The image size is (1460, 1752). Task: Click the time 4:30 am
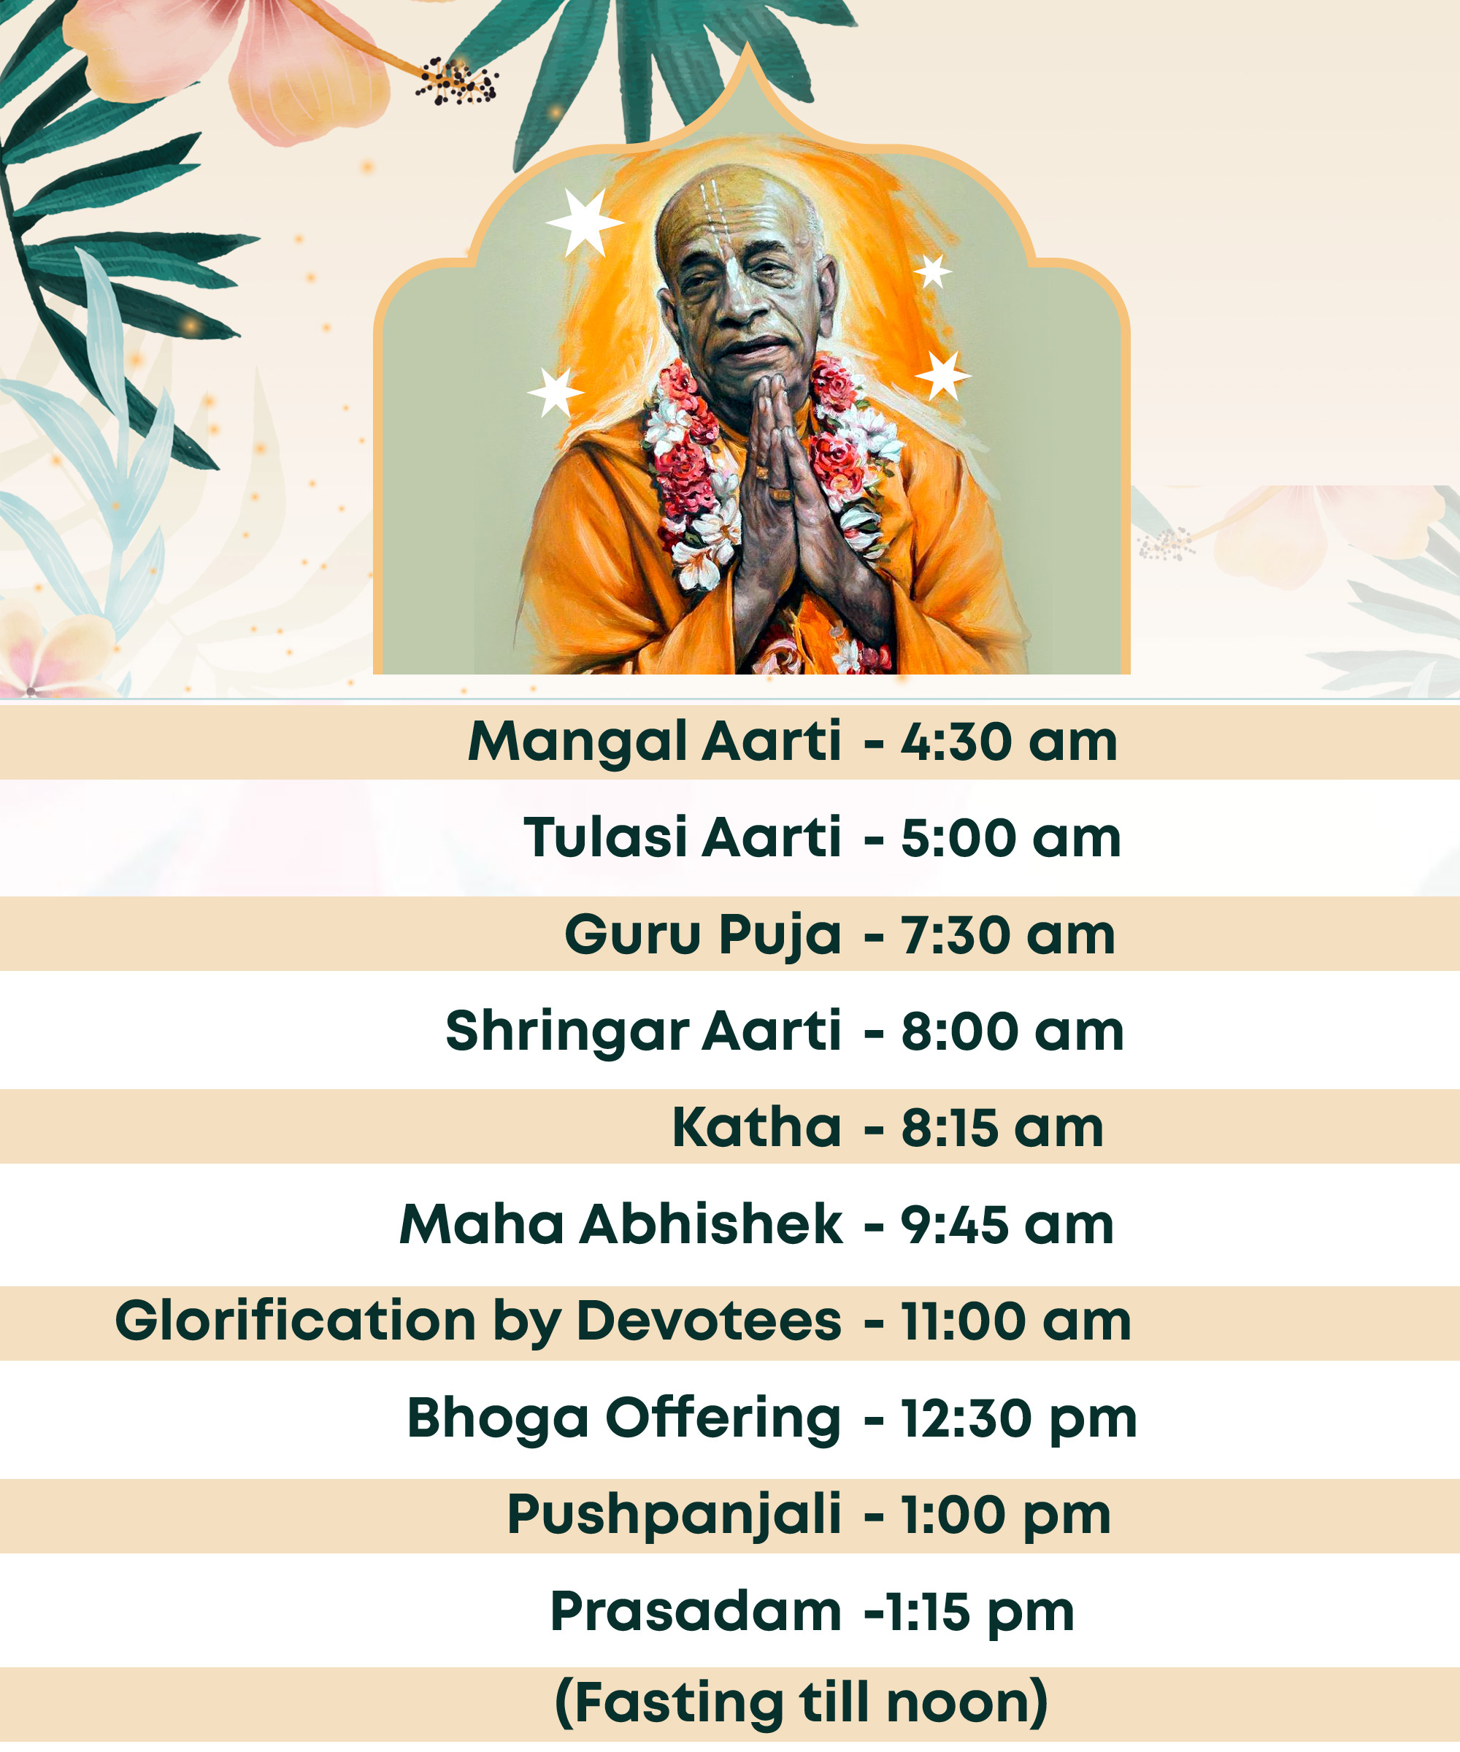pos(1009,742)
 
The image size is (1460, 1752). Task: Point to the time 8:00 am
pos(1012,1032)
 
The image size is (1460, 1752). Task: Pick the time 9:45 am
pos(1007,1225)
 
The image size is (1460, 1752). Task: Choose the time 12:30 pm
pos(1018,1421)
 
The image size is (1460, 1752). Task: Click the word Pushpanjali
pos(674,1517)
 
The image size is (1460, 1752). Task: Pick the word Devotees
pos(709,1321)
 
